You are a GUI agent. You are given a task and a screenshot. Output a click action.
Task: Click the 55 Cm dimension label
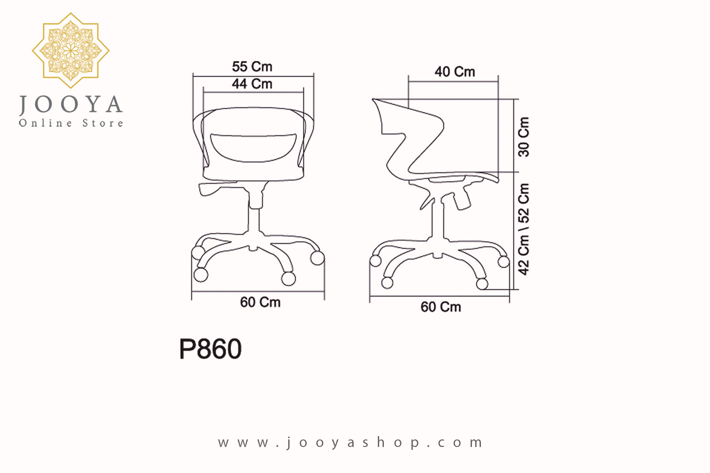click(252, 67)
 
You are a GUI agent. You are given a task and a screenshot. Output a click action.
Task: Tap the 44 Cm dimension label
click(252, 84)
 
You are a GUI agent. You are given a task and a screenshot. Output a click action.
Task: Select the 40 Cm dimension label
click(454, 72)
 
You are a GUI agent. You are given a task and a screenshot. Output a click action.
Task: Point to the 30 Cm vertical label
click(524, 137)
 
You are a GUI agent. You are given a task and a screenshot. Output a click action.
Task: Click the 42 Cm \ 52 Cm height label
click(524, 229)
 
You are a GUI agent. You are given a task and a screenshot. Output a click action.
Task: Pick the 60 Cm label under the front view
click(260, 302)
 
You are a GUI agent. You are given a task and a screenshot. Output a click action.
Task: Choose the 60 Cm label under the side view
click(441, 307)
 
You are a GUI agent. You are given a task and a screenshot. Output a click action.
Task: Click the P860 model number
click(211, 349)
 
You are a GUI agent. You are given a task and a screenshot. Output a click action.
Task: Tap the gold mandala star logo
click(71, 50)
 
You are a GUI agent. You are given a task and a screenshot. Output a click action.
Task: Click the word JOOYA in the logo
click(71, 105)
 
